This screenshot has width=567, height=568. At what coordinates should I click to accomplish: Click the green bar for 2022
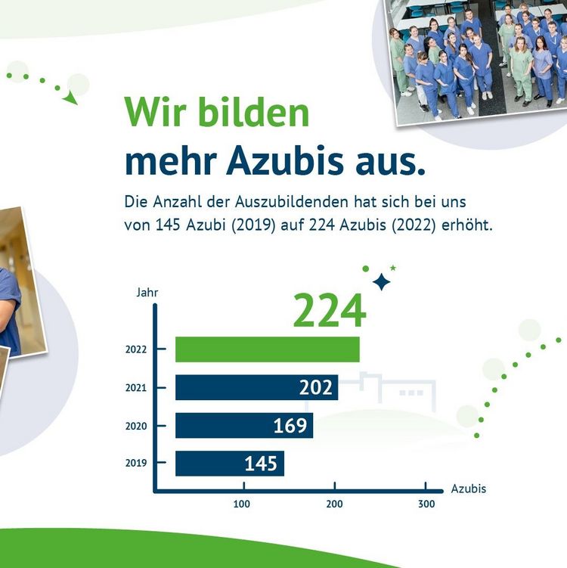tap(268, 349)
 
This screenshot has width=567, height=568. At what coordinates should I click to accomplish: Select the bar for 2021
tap(257, 387)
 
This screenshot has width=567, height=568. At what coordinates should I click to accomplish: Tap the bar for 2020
tap(244, 425)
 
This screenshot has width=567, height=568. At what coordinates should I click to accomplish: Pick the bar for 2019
tap(230, 464)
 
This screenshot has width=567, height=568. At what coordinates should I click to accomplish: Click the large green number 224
tap(330, 310)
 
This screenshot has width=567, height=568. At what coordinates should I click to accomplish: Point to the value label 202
tap(316, 387)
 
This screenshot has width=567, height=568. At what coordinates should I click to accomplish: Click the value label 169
tap(290, 425)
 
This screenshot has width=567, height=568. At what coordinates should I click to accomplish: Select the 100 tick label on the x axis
tap(241, 504)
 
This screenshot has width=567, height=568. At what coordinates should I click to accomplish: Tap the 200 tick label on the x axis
tap(334, 504)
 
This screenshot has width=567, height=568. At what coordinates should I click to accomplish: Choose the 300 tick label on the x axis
tap(426, 504)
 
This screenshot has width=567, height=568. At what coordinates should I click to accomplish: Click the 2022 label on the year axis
tap(136, 349)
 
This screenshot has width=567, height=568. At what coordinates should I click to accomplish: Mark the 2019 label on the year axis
tap(136, 463)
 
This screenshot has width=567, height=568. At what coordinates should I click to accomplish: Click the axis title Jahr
tap(147, 293)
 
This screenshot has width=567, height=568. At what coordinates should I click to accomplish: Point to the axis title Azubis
tap(469, 489)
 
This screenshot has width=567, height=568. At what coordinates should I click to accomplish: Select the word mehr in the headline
tap(171, 161)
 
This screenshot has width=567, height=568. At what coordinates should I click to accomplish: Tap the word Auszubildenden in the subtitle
tap(292, 202)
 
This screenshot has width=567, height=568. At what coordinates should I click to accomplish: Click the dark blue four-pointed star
tap(382, 282)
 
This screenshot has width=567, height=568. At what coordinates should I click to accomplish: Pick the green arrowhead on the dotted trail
tap(70, 98)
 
